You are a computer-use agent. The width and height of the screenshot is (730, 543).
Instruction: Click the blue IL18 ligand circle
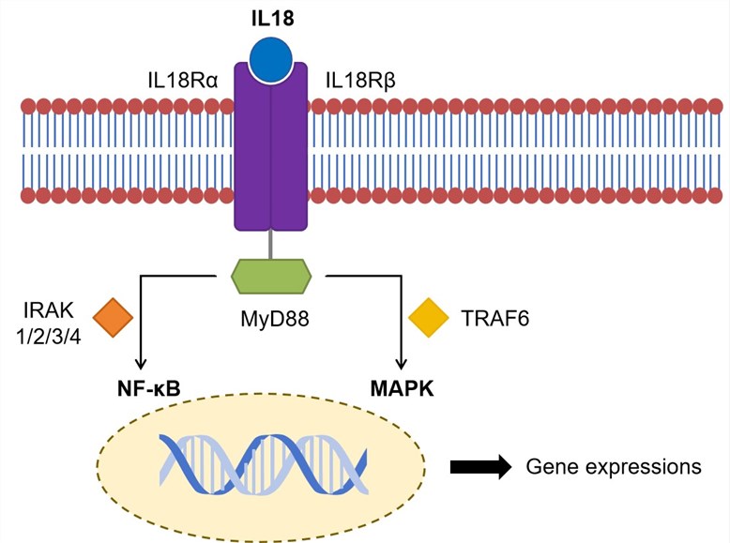(271, 58)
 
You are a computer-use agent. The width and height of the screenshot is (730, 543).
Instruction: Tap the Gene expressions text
(614, 466)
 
